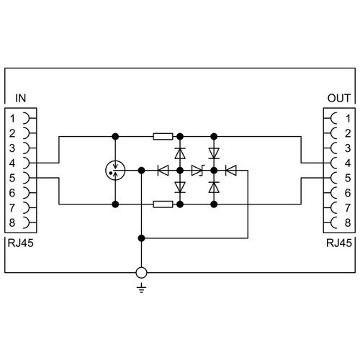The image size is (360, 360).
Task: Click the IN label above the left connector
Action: click(20, 98)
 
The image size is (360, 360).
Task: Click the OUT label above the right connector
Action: click(339, 98)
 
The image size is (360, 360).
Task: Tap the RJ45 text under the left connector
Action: click(20, 243)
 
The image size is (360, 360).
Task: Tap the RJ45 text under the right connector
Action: click(339, 243)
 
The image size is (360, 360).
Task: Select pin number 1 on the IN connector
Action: click(12, 118)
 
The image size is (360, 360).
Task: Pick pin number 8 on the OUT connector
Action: click(348, 222)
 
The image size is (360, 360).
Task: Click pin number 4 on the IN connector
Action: click(12, 163)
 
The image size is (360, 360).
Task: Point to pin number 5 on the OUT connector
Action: click(348, 178)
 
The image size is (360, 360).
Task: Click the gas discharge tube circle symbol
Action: click(115, 171)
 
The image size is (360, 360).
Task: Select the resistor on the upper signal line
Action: click(163, 137)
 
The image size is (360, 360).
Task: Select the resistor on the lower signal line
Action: click(163, 204)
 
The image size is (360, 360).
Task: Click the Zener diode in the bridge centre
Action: click(198, 171)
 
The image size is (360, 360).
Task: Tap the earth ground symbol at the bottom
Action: click(141, 288)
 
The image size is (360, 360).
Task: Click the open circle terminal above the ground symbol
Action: click(141, 273)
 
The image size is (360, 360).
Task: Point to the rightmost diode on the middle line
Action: click(231, 171)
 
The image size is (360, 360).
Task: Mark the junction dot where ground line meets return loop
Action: click(142, 238)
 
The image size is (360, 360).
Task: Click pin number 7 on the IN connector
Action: click(12, 208)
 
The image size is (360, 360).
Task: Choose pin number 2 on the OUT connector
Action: click(348, 133)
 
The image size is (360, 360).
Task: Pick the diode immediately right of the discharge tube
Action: click(163, 171)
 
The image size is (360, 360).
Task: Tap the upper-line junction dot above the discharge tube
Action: click(115, 137)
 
